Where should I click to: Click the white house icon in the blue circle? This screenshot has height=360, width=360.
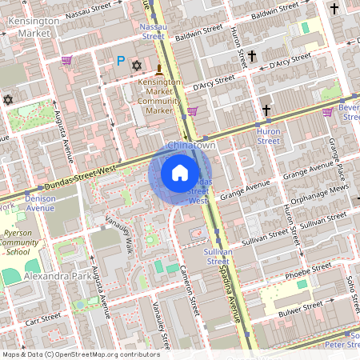pyautogui.click(x=180, y=172)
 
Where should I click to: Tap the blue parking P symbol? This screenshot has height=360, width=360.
pyautogui.click(x=121, y=60)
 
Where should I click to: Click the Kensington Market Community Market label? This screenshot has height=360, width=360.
pyautogui.click(x=158, y=95)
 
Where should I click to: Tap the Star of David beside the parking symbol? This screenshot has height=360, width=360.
pyautogui.click(x=136, y=63)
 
